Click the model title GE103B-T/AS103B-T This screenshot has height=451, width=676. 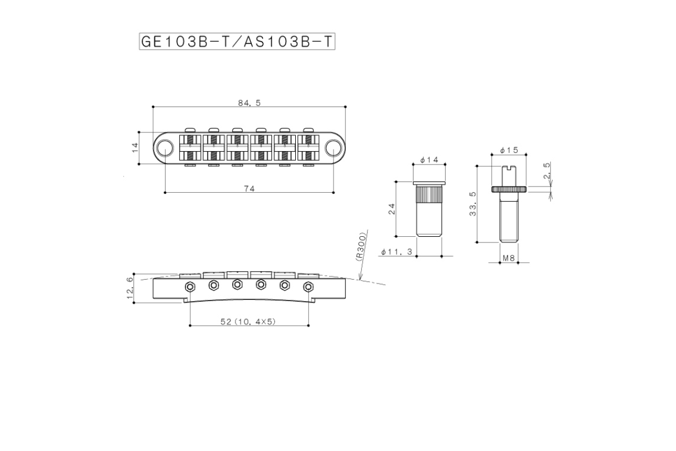237,41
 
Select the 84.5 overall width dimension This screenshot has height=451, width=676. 249,103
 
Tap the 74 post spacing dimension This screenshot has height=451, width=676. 249,189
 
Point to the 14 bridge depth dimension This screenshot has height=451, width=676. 135,148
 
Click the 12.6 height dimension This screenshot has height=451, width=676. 130,288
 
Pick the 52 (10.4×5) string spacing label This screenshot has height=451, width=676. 248,322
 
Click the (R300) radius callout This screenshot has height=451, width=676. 361,246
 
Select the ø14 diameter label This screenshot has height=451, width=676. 429,160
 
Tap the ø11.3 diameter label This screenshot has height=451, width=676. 397,251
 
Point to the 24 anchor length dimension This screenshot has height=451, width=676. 392,209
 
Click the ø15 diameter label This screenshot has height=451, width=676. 509,150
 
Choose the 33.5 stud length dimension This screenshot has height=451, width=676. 473,204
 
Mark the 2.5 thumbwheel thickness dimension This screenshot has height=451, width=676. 546,171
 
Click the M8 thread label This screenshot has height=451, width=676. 509,258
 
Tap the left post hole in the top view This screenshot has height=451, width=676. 165,148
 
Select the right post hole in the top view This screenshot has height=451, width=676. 333,148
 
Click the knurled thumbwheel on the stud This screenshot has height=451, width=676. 509,189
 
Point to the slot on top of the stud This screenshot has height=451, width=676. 509,167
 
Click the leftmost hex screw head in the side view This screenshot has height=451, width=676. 190,287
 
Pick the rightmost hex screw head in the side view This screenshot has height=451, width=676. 308,287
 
